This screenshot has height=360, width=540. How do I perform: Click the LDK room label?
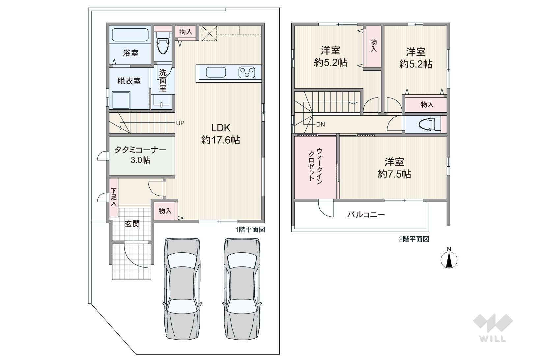tap(221, 128)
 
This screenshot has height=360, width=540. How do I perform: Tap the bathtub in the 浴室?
tap(130, 35)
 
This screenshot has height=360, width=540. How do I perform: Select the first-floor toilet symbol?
tap(163, 43)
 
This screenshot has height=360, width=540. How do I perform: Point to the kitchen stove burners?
tap(247, 72)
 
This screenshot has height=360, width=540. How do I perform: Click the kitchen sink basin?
tap(216, 72)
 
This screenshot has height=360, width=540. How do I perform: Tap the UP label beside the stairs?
tap(180, 123)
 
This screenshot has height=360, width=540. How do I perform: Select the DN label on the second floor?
tap(320, 125)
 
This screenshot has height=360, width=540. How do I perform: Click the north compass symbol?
tap(449, 260)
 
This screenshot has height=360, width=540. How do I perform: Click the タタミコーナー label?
tap(140, 150)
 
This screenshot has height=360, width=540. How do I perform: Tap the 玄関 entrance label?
tap(132, 224)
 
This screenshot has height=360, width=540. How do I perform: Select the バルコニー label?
tap(366, 214)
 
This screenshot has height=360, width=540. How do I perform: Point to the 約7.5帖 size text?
tap(394, 174)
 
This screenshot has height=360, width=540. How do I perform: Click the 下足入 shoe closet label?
tap(114, 197)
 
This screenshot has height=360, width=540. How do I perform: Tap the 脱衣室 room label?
tap(129, 81)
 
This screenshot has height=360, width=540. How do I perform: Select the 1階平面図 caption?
tap(250, 230)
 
